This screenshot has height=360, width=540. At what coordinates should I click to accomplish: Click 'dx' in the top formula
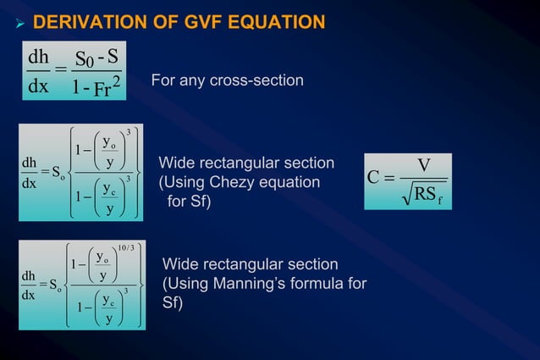point(39,87)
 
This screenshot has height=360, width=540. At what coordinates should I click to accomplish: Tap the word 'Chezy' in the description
point(229,182)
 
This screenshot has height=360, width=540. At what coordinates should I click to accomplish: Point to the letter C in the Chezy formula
point(375,179)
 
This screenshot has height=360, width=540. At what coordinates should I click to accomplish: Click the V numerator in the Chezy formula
point(425,167)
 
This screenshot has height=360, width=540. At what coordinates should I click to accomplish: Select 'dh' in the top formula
point(39,58)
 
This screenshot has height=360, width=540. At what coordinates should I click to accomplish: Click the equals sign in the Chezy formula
point(390,179)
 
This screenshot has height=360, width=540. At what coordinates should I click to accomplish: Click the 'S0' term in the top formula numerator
point(85,59)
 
